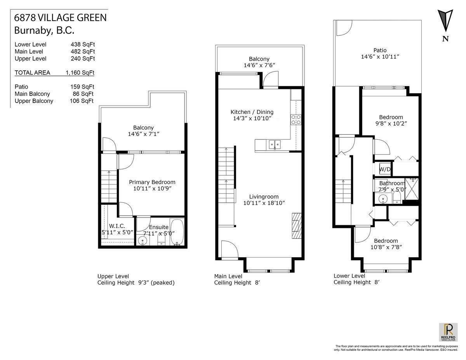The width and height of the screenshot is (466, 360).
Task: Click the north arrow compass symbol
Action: [x=445, y=22]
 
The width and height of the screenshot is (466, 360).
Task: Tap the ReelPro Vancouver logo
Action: [x=448, y=332]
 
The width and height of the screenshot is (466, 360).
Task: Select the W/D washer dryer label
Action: [x=385, y=169]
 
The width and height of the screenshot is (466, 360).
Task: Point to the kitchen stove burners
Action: [x=296, y=119]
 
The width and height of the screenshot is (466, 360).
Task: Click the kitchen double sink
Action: [x=274, y=144]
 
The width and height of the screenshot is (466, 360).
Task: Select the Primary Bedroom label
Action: [x=152, y=182]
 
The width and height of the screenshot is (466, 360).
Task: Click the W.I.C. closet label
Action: [x=117, y=226]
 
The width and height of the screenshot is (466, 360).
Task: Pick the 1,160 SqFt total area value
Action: [x=80, y=73]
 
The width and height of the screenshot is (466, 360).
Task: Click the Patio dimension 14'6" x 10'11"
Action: [x=380, y=57]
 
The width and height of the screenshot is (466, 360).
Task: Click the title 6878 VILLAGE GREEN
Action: [x=60, y=17]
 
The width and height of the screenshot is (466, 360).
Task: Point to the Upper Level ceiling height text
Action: [x=136, y=283]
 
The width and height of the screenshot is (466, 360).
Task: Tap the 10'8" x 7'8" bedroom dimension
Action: [x=386, y=247]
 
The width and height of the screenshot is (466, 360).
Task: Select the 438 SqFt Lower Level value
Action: [x=80, y=44]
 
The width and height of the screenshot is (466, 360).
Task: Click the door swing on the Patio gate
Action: [x=343, y=27]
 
